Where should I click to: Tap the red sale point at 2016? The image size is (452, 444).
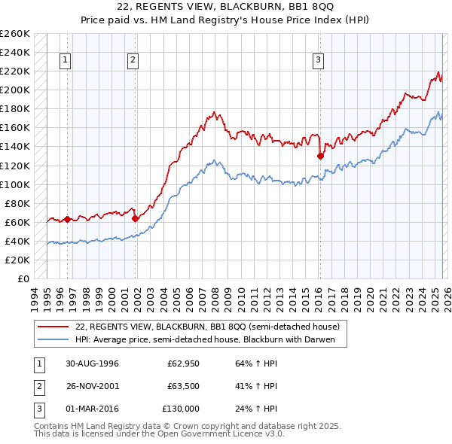tap(320, 157)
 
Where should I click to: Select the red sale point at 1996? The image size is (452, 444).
tap(67, 220)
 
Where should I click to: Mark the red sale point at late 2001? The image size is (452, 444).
tap(136, 219)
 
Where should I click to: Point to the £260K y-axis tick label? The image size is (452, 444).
tap(15, 34)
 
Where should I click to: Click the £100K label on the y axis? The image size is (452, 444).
tap(15, 184)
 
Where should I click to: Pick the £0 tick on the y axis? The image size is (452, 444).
tap(22, 278)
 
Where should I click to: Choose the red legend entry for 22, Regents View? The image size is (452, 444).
tap(207, 327)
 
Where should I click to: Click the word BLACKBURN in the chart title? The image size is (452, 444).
tap(238, 7)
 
